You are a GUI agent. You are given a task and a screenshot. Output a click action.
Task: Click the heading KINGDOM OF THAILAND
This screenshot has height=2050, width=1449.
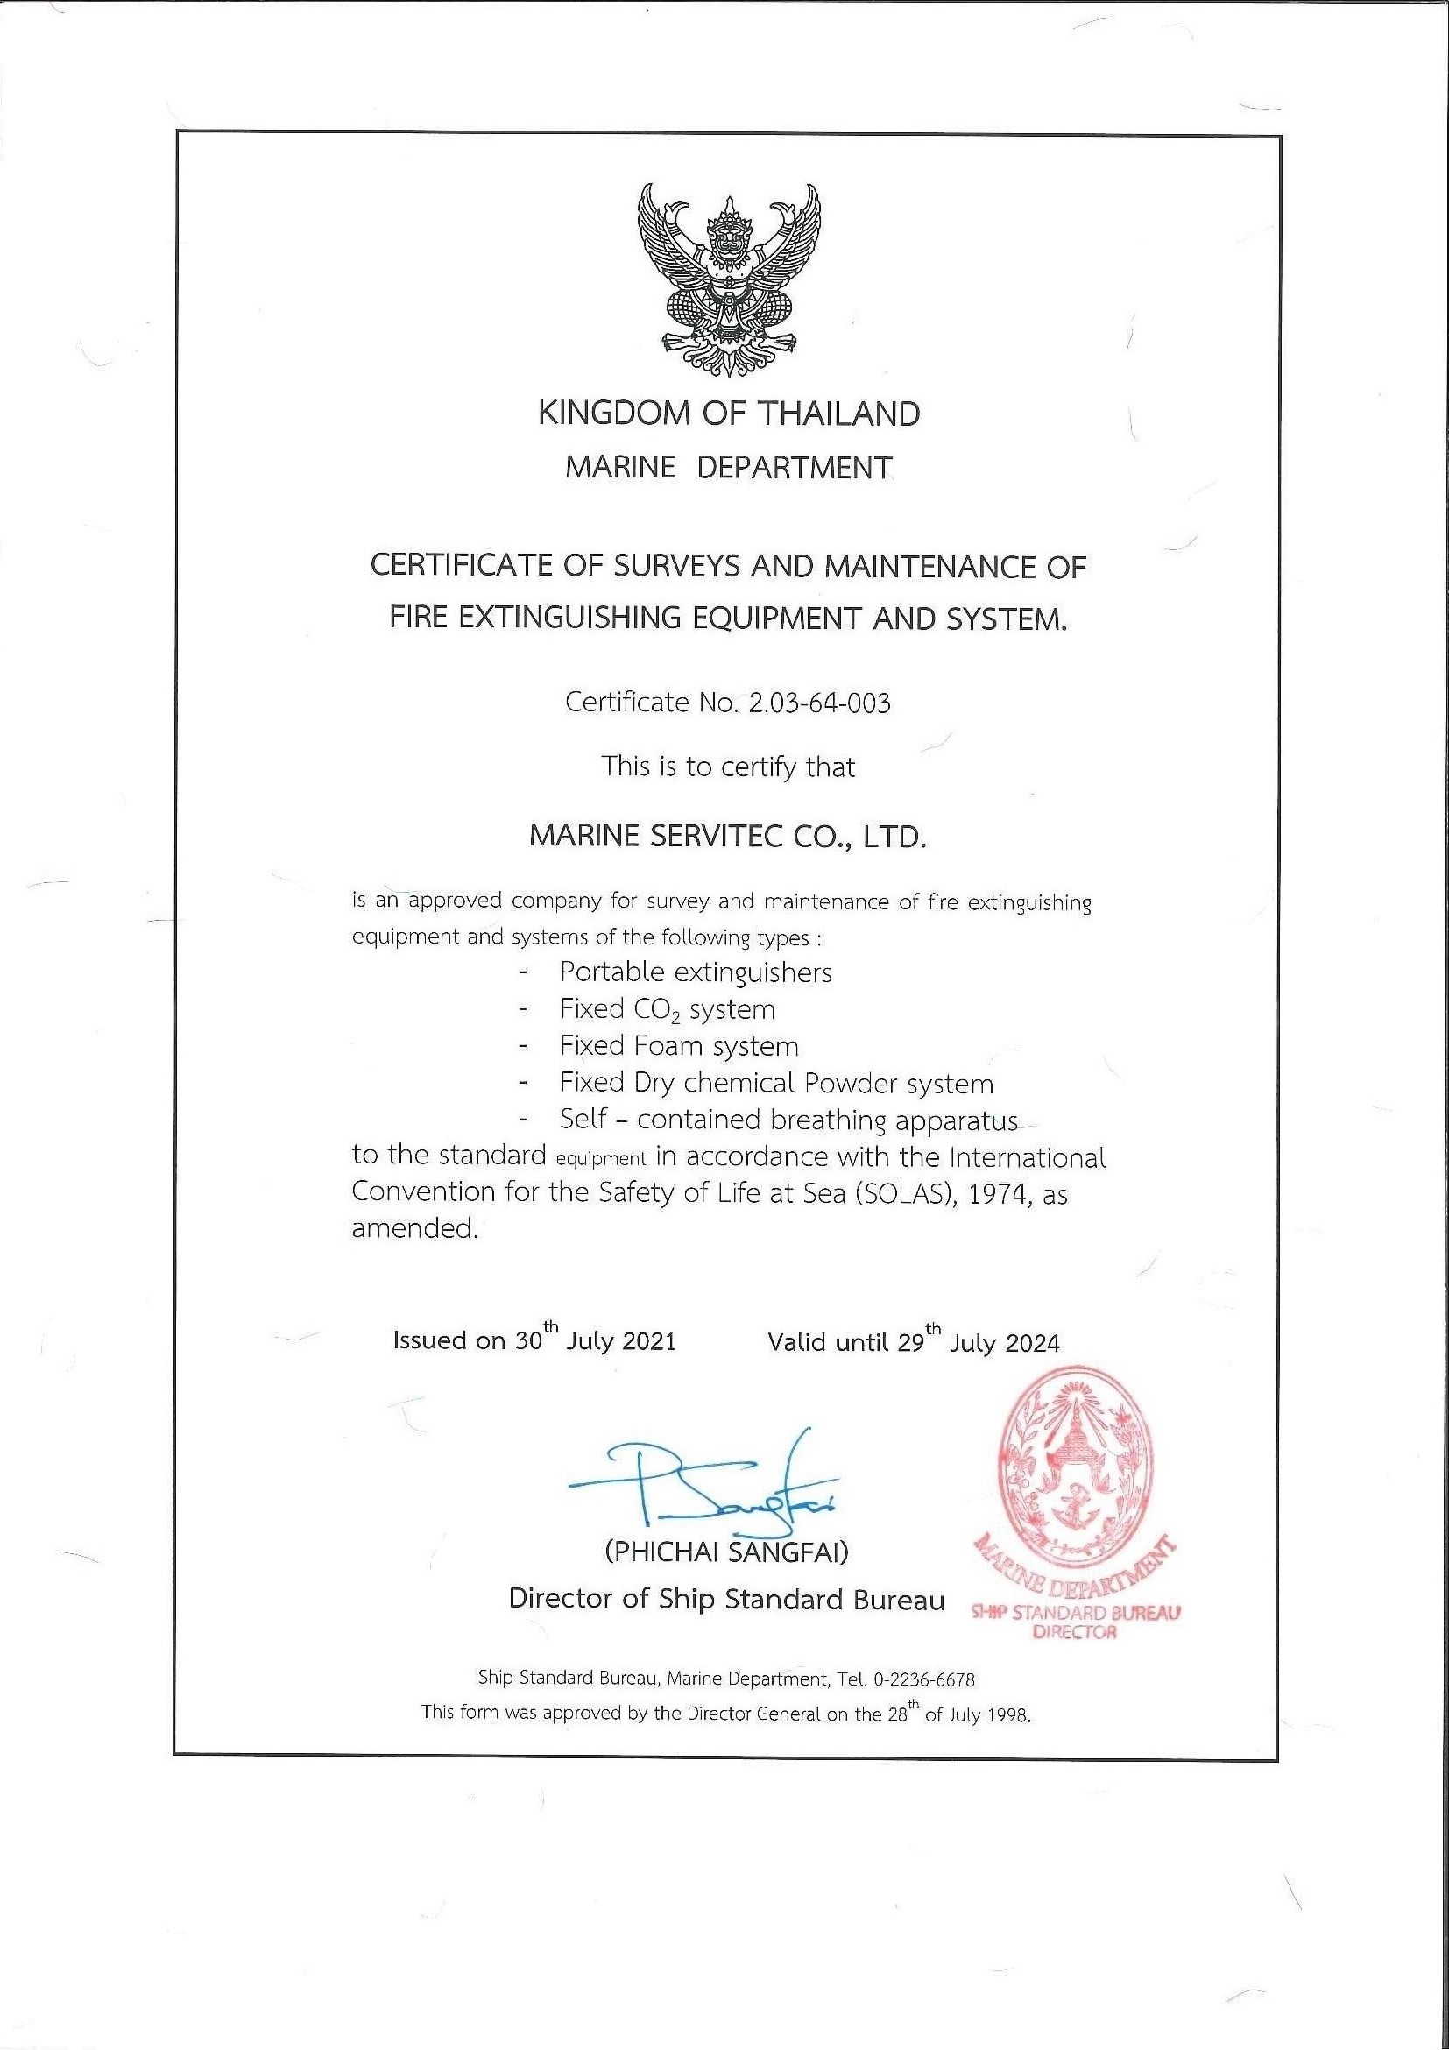pos(729,414)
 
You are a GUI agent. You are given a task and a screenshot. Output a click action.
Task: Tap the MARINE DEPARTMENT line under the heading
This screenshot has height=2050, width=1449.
pos(729,467)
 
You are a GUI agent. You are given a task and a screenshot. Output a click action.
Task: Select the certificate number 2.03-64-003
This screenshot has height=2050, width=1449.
pos(820,703)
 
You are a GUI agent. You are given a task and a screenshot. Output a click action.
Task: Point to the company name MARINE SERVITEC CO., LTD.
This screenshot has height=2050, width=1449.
pos(729,837)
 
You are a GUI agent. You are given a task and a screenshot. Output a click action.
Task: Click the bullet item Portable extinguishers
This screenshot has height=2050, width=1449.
pos(696,972)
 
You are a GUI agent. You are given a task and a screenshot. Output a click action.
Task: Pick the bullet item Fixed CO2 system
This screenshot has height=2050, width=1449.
pos(667,1010)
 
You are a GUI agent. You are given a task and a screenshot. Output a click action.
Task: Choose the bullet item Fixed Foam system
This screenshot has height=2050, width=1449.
pos(679,1045)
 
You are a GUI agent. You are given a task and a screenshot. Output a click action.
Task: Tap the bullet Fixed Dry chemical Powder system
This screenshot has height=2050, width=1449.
pos(776,1083)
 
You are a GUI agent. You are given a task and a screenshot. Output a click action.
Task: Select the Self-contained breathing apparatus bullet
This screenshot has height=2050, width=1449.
pos(788,1120)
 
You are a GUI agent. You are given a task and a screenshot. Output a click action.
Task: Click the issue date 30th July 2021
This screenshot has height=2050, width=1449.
pos(595,1340)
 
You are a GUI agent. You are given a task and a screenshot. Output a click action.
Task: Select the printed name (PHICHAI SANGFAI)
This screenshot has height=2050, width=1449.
pos(727,1552)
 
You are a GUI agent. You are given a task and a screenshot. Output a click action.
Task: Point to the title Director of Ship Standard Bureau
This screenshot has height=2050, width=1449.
pos(726,1599)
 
